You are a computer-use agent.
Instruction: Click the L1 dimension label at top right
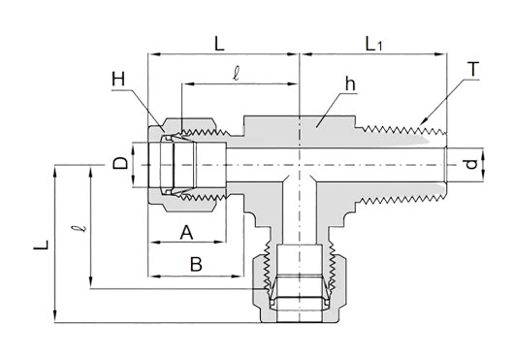(373, 45)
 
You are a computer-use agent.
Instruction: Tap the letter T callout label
(473, 70)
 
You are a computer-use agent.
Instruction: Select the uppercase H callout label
(118, 79)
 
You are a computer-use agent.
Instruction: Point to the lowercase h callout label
(350, 84)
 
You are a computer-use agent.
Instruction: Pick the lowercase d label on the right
(471, 164)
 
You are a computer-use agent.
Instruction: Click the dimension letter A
(186, 233)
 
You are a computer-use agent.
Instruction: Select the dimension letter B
(196, 264)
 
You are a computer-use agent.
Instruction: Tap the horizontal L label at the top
(219, 44)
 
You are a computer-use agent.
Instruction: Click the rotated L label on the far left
(41, 245)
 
